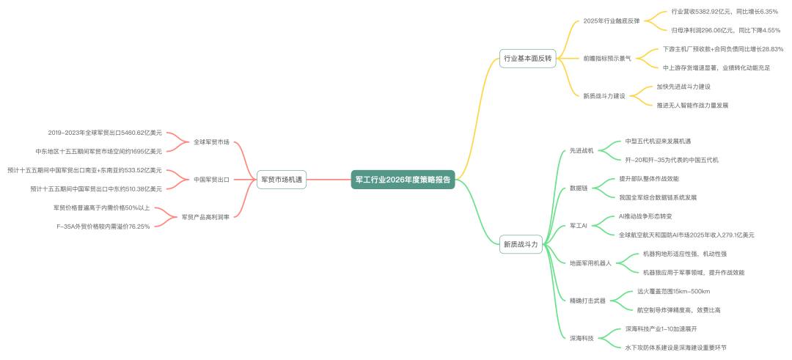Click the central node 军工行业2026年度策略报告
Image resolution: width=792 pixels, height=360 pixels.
pos(403,179)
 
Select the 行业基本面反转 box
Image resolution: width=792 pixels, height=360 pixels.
pos(527,58)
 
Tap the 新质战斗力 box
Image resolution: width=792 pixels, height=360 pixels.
pos(521,244)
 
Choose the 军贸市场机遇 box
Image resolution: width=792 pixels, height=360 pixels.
pos(282,179)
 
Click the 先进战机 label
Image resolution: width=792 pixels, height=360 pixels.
pos(582,150)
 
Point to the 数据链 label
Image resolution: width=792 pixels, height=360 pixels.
pos(579,188)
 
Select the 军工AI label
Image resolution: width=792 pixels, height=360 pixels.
pos(579,226)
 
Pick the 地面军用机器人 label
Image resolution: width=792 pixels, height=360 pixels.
pos(590,263)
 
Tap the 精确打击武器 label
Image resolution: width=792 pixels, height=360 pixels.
pos(587,301)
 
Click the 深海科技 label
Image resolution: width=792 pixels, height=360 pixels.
pos(582,339)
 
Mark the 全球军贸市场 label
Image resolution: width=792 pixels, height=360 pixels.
pos(211,142)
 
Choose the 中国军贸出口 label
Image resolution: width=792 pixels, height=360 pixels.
pos(211,179)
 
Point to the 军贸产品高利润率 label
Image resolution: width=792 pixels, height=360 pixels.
pos(206,217)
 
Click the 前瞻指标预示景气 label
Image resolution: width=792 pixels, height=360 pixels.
pos(606,58)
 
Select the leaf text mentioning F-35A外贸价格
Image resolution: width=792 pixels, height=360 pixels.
pos(103,227)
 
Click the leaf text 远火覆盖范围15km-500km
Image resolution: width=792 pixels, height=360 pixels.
pos(673,291)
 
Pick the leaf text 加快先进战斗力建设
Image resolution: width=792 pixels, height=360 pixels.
pos(683,87)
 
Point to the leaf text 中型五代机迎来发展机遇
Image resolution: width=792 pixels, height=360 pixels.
pos(658,141)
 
